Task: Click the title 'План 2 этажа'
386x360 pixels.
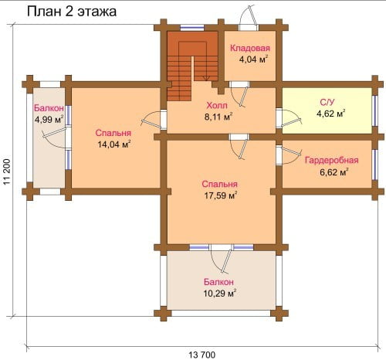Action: [x=72, y=12]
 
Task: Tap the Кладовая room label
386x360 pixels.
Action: [x=250, y=48]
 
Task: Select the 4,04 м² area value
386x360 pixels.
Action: [x=253, y=59]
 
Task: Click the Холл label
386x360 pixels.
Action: [x=217, y=105]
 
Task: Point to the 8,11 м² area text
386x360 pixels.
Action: [x=218, y=117]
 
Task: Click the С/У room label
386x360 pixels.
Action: [x=327, y=102]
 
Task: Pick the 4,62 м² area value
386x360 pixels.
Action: [x=330, y=114]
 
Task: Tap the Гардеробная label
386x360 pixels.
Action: [x=332, y=160]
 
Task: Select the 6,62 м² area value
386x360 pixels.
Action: [x=334, y=172]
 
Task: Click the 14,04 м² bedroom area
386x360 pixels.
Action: [x=114, y=144]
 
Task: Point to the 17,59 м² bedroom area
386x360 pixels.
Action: [x=221, y=195]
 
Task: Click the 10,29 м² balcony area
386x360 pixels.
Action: [x=220, y=294]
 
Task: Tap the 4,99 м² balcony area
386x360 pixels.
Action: [x=49, y=120]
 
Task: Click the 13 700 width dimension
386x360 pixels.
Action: [x=202, y=355]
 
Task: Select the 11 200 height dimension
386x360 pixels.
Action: [x=7, y=172]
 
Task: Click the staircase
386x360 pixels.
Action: [x=192, y=66]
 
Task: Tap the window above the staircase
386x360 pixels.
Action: [x=192, y=28]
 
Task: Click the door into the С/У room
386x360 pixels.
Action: [x=288, y=119]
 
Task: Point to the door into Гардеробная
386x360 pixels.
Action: [x=288, y=155]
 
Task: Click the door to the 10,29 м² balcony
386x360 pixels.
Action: [x=221, y=258]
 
